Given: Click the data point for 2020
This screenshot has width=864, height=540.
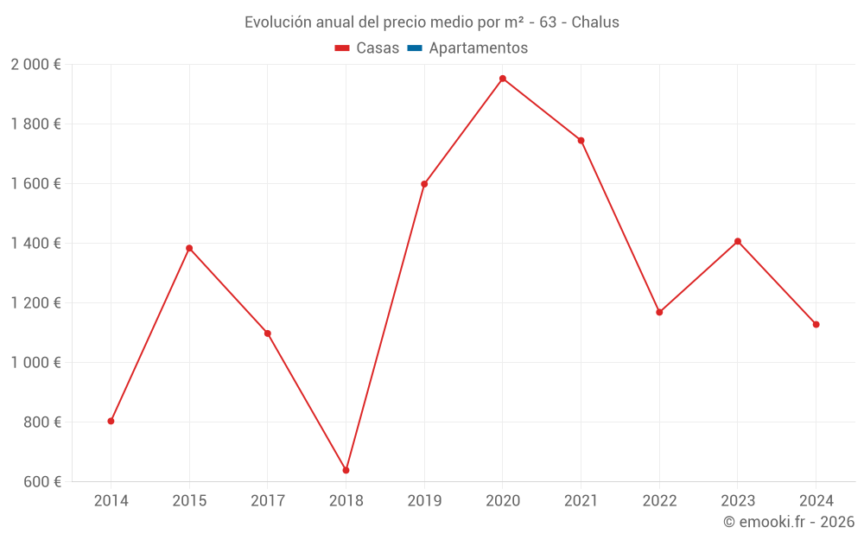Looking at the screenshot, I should [503, 79].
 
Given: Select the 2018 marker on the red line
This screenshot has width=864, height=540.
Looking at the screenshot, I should [346, 470].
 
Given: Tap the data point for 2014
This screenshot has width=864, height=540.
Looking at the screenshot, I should [111, 421].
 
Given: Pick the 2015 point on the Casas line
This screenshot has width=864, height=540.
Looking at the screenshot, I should [189, 248].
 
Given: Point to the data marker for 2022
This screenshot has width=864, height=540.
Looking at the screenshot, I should [659, 312].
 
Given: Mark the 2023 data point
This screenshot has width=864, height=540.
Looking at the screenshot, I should [738, 241].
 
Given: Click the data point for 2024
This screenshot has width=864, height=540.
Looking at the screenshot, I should [816, 324].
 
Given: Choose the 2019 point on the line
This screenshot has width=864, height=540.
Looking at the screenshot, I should [424, 184].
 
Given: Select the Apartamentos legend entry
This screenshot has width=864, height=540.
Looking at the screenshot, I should [478, 48].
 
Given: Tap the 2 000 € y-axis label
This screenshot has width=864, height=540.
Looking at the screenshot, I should [35, 64].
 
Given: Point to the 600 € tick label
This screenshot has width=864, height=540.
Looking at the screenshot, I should [41, 482].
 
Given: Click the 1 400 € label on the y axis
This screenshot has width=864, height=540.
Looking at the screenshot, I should [35, 244].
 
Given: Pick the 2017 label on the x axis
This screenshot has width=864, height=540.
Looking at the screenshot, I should [268, 500].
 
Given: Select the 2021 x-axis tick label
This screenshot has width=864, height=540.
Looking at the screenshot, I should [581, 500].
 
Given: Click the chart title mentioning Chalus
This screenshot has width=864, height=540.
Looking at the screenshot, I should [432, 22].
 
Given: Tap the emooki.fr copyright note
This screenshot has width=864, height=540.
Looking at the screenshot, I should [788, 522].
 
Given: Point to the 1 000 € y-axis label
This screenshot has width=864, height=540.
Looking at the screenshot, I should [35, 363].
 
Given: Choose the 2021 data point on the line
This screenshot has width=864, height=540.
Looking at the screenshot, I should [581, 140].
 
